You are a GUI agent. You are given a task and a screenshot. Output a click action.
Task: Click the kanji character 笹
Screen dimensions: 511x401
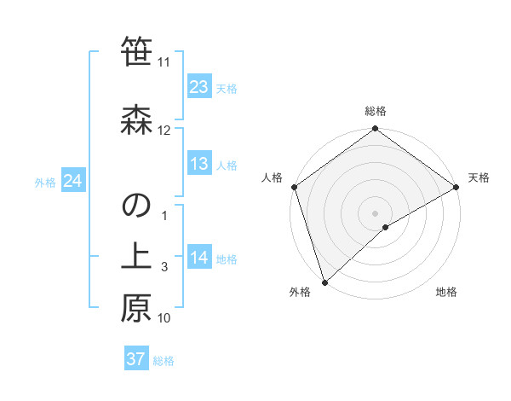[x=136, y=51]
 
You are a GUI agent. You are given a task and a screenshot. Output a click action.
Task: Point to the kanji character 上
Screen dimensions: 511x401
[x=136, y=258]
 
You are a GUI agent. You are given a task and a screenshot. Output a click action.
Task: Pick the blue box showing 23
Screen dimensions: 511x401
[x=198, y=87]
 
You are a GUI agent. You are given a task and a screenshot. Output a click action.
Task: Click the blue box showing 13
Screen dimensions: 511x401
[x=198, y=164]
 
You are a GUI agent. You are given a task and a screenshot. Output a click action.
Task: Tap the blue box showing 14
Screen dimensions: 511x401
[x=198, y=258]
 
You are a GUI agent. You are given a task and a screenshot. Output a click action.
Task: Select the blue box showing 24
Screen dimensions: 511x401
[x=72, y=181]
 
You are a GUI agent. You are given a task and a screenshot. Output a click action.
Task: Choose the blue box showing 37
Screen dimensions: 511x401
[x=136, y=359]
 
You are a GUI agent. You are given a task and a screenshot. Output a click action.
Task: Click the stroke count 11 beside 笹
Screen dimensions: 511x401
[x=164, y=62]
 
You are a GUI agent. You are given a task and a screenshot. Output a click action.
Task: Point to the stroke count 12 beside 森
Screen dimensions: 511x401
[x=164, y=131]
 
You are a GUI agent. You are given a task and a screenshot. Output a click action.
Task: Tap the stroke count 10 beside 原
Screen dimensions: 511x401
[x=164, y=318]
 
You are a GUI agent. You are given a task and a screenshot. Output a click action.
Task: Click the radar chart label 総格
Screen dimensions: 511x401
[x=376, y=111]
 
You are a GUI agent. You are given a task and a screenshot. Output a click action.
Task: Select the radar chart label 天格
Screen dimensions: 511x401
[x=479, y=177]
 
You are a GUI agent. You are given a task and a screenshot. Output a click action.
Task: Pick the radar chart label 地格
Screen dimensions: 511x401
[x=446, y=293]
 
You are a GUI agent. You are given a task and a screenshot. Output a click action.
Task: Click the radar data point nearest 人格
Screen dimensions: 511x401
[x=295, y=187]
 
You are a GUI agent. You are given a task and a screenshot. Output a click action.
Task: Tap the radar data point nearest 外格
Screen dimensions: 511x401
[x=324, y=282]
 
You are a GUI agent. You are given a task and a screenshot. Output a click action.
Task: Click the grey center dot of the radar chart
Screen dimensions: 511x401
[x=376, y=212]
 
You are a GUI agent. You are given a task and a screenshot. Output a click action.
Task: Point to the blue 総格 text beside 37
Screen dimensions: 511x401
[x=164, y=361]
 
